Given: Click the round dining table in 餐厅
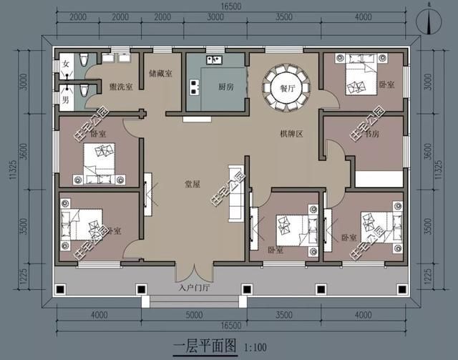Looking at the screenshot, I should coord(284,87).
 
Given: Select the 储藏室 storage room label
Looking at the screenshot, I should coord(160,73).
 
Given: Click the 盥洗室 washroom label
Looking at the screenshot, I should coord(120,87).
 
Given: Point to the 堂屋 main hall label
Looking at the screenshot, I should coord(192,184).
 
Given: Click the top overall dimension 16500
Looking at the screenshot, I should coord(230,6).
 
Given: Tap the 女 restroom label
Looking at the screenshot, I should coord(65,65).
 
